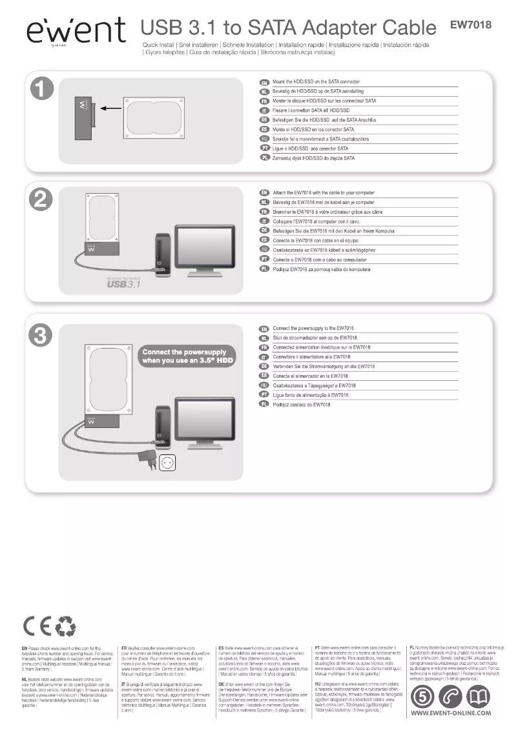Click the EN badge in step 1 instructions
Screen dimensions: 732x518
click(x=264, y=83)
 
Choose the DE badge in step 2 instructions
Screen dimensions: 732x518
click(x=264, y=230)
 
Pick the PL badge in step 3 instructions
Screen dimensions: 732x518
click(x=264, y=404)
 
